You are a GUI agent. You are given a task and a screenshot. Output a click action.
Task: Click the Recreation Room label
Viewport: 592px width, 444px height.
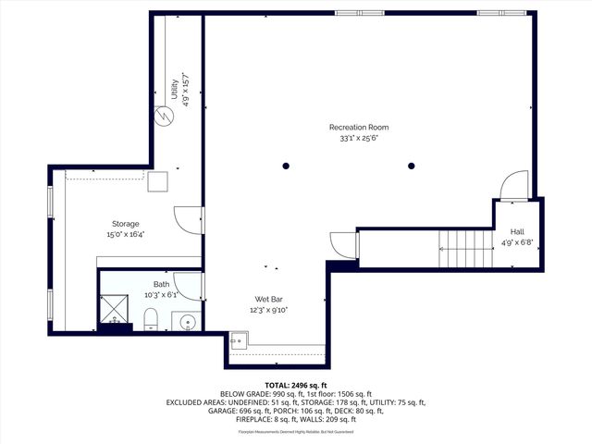(359, 127)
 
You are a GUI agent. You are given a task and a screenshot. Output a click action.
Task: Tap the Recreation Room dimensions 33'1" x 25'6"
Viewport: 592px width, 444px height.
(359, 138)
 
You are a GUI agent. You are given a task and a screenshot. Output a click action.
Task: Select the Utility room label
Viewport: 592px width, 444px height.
(174, 90)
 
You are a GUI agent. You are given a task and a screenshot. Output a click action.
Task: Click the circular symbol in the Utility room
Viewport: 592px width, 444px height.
(164, 117)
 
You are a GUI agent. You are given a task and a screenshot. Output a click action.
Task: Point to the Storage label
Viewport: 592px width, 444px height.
(126, 224)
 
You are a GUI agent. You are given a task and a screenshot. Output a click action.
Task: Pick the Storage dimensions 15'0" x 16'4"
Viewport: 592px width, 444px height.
(126, 234)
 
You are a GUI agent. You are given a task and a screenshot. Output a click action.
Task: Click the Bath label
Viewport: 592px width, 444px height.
(162, 284)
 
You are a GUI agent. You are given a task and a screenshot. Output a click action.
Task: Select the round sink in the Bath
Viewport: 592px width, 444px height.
(188, 323)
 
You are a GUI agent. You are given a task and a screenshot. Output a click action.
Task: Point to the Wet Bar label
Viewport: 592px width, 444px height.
(268, 299)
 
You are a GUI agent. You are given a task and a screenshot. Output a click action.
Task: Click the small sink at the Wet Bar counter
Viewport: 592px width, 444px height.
(236, 340)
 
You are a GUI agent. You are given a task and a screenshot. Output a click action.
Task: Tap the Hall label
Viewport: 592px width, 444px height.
(517, 232)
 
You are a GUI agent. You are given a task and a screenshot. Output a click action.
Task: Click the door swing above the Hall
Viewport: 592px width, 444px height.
(514, 185)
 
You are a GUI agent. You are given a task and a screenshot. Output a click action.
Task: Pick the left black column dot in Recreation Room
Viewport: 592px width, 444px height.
(287, 166)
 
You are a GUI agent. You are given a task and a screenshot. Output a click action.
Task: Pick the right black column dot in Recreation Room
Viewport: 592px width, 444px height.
(412, 166)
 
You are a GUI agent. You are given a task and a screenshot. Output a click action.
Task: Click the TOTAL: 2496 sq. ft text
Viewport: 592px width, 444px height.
(295, 385)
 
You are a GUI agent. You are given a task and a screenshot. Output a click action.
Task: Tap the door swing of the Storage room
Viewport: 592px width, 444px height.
(189, 219)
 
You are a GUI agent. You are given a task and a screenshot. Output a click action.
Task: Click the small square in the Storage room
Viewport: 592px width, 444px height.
(156, 181)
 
